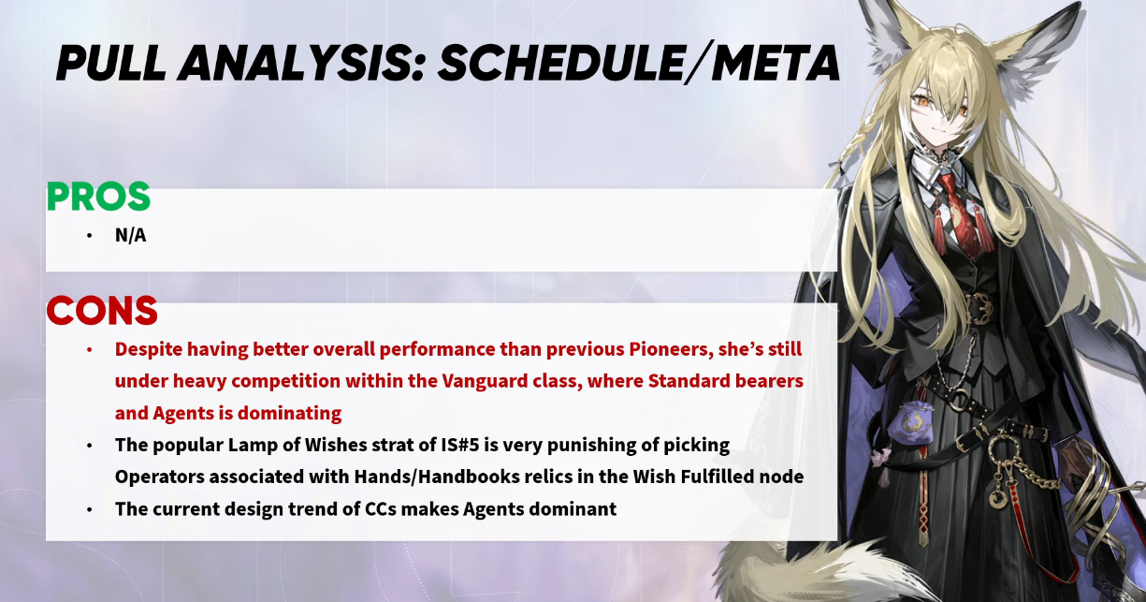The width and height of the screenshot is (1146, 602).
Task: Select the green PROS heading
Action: click(98, 196)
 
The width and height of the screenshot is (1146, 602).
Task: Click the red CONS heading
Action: click(102, 310)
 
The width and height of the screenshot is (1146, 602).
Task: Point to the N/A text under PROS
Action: click(130, 236)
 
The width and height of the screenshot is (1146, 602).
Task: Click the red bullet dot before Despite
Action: click(90, 349)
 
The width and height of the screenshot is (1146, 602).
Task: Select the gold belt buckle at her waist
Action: click(980, 309)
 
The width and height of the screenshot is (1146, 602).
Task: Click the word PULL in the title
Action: click(110, 64)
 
